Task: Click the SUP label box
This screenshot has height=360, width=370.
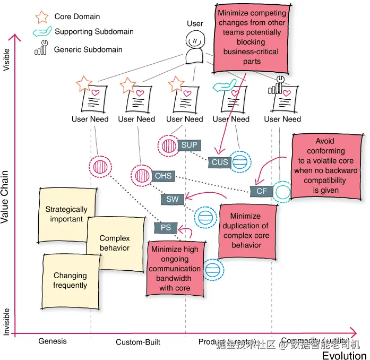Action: (189, 144)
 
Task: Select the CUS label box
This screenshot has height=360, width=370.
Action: (219, 162)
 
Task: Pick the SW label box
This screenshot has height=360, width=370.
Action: (173, 199)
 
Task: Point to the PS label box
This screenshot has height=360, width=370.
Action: (166, 228)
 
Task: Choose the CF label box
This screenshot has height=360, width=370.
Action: (261, 191)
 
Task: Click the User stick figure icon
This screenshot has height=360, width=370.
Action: (195, 47)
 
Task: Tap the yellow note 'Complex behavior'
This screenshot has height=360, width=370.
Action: (114, 243)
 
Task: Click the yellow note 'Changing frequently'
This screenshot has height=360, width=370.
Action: (70, 280)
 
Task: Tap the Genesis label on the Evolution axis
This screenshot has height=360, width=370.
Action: (53, 341)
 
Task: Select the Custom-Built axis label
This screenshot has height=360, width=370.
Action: (138, 342)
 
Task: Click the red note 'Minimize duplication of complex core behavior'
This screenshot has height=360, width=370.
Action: (246, 231)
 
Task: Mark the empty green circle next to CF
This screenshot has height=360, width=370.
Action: (282, 191)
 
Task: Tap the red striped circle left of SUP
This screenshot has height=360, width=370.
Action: (168, 145)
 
